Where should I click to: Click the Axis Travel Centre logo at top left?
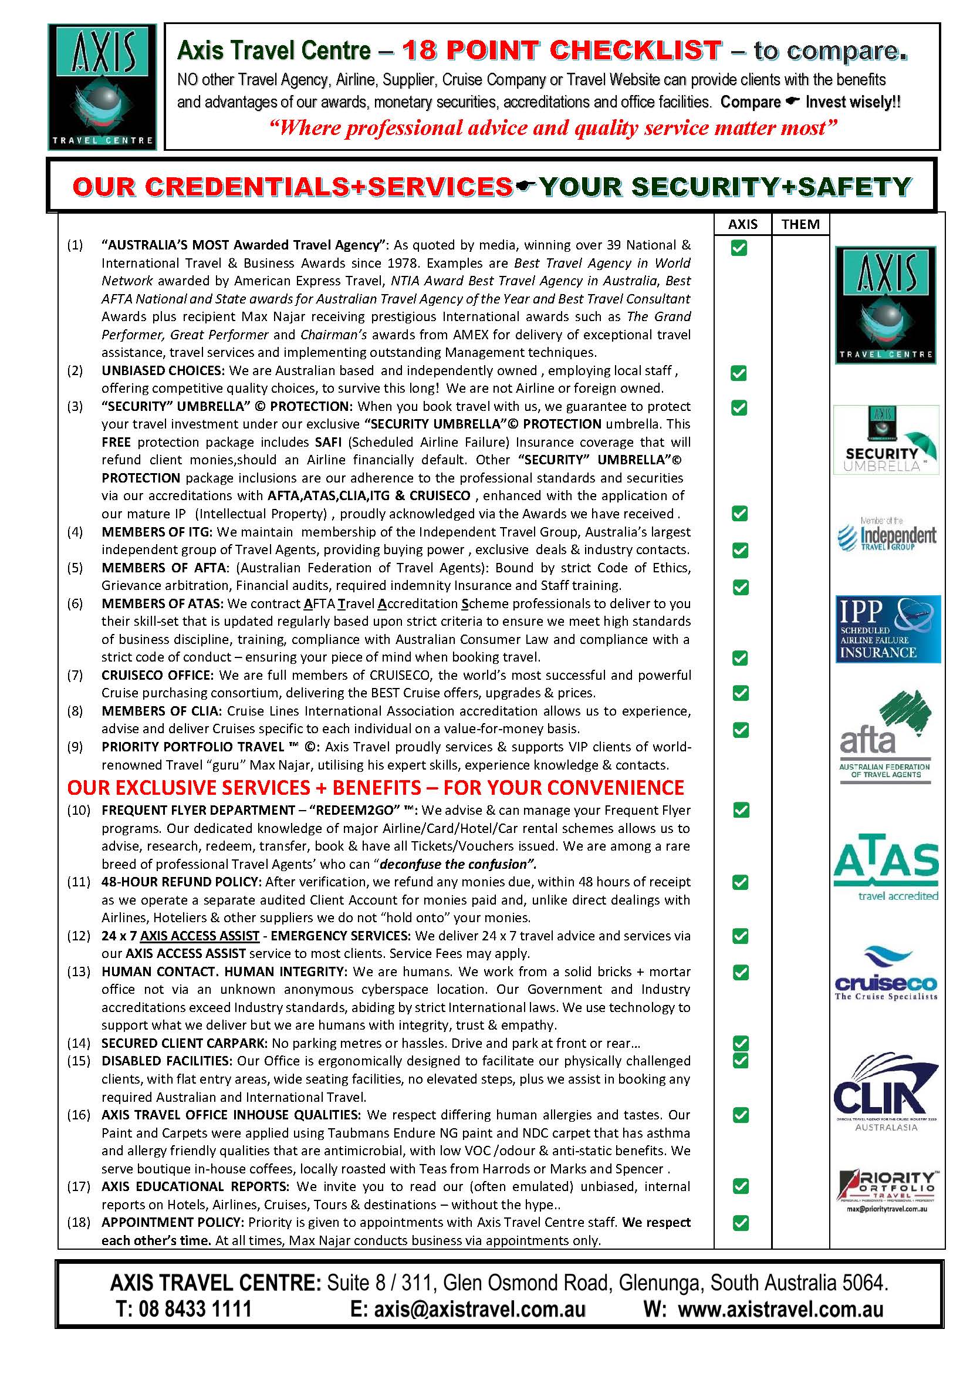tap(102, 87)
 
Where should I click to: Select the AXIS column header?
tap(742, 224)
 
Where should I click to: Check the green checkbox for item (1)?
tap(739, 248)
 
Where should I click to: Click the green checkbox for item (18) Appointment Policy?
tap(741, 1223)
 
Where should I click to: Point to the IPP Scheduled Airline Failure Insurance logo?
tap(887, 629)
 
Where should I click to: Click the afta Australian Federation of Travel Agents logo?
tap(885, 737)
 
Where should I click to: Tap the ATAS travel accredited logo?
tap(885, 867)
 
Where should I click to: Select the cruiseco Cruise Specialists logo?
tap(885, 973)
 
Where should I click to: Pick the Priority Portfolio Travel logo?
tap(885, 1190)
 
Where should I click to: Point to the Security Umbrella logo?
tap(885, 440)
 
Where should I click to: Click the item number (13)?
tap(78, 971)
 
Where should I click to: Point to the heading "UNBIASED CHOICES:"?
tap(163, 370)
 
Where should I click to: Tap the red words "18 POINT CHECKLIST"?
tap(561, 51)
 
